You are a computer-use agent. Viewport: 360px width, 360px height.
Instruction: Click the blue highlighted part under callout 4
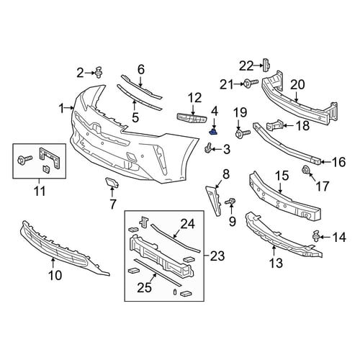pyautogui.click(x=213, y=132)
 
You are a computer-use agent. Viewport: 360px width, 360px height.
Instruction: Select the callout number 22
pyautogui.click(x=246, y=66)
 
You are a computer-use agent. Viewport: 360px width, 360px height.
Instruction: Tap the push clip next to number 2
pyautogui.click(x=99, y=72)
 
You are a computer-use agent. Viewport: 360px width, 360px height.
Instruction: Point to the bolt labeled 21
pyautogui.click(x=251, y=84)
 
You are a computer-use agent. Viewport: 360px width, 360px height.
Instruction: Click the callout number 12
pyautogui.click(x=195, y=98)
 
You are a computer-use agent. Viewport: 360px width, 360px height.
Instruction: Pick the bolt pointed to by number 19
pyautogui.click(x=243, y=133)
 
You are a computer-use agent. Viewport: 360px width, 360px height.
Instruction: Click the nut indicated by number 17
pyautogui.click(x=306, y=170)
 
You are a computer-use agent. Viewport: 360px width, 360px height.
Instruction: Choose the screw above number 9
pyautogui.click(x=230, y=202)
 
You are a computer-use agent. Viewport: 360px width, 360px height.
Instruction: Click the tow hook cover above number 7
pyautogui.click(x=112, y=182)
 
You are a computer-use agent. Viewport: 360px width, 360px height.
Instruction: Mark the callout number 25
pyautogui.click(x=145, y=287)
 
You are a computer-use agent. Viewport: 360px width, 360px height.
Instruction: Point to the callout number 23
pyautogui.click(x=217, y=256)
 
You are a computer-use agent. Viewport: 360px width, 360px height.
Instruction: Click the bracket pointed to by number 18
pyautogui.click(x=274, y=125)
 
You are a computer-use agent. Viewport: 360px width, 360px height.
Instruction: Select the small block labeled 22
pyautogui.click(x=266, y=65)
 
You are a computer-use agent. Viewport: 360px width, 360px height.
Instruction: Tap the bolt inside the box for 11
pyautogui.click(x=24, y=160)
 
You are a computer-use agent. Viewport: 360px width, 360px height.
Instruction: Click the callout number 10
pyautogui.click(x=55, y=275)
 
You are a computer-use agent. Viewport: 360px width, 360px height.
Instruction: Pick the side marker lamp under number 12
pyautogui.click(x=192, y=118)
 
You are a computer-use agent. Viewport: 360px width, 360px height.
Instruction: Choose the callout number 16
pyautogui.click(x=339, y=162)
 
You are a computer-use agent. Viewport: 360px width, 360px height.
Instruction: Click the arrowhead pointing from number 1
pyautogui.click(x=73, y=109)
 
